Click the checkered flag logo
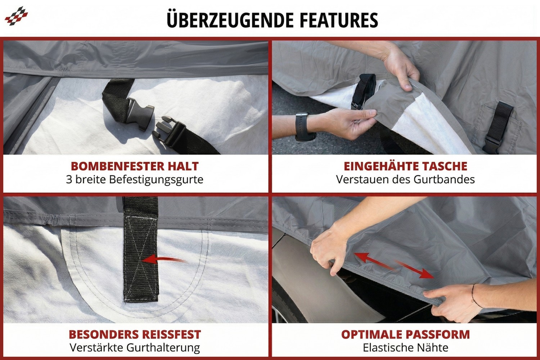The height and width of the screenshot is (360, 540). pyautogui.click(x=16, y=16)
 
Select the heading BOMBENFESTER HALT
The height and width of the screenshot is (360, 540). pyautogui.click(x=135, y=166)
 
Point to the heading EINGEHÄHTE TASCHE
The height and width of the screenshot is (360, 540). pyautogui.click(x=405, y=166)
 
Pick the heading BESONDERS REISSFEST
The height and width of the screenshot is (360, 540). pyautogui.click(x=135, y=334)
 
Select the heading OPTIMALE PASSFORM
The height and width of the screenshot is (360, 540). pyautogui.click(x=405, y=334)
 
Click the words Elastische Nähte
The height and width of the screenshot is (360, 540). pyautogui.click(x=405, y=348)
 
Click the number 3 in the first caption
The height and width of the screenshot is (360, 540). pyautogui.click(x=69, y=179)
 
